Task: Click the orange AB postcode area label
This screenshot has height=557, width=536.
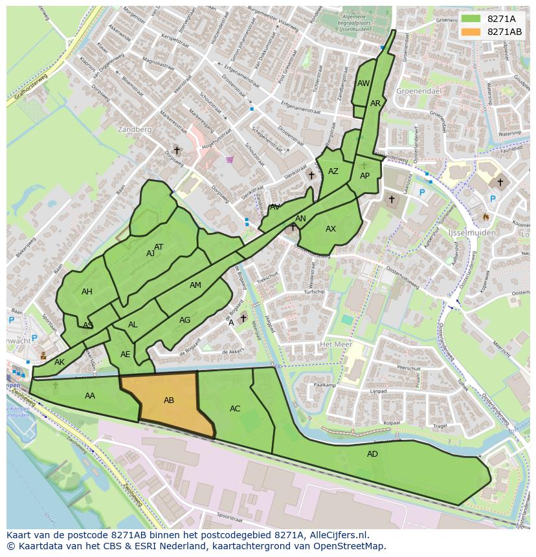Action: (x=169, y=400)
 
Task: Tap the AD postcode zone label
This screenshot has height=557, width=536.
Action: (x=372, y=454)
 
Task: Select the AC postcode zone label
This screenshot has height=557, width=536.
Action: (x=235, y=409)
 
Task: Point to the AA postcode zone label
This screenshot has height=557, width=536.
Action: (x=90, y=396)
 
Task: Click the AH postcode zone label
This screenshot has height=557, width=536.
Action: (x=87, y=292)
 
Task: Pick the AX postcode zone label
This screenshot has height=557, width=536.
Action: (x=331, y=229)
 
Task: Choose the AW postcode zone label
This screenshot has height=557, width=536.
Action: (x=363, y=83)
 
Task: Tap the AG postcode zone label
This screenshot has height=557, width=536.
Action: (x=185, y=320)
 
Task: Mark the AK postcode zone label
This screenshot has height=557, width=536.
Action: (x=60, y=362)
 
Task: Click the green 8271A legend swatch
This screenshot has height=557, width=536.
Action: (x=471, y=18)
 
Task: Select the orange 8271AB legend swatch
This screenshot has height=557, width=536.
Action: (x=471, y=32)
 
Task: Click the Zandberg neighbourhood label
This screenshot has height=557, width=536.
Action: (x=135, y=129)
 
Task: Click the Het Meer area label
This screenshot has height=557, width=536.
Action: (x=335, y=344)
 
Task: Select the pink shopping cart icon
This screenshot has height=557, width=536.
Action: (x=229, y=159)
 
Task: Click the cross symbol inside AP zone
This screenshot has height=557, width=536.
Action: (x=364, y=166)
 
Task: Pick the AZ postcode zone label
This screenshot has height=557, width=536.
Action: (x=333, y=171)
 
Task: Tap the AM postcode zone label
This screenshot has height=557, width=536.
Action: (x=195, y=285)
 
